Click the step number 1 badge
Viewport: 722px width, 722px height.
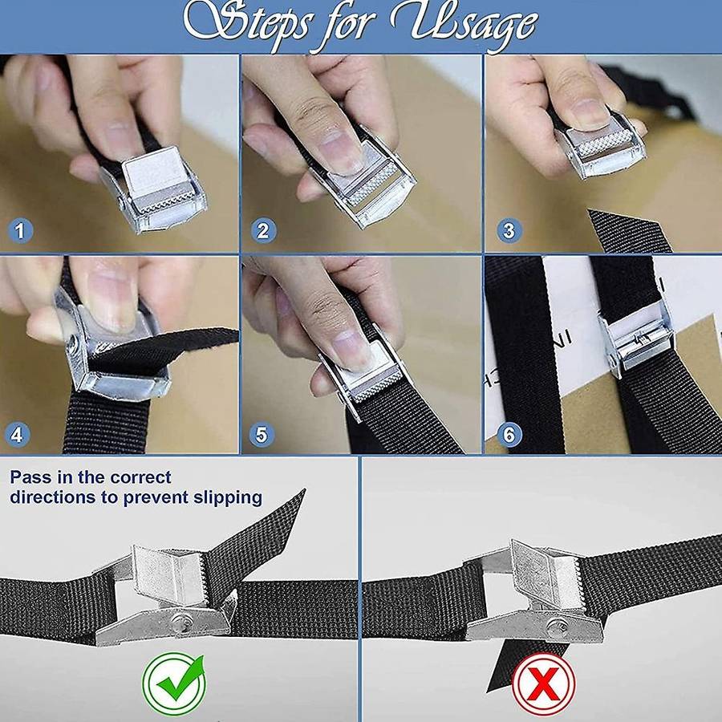click(20, 231)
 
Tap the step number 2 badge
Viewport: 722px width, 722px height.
click(263, 231)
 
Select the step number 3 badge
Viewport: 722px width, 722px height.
click(509, 231)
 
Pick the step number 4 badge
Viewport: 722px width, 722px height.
click(18, 435)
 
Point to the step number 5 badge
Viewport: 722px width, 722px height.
click(261, 435)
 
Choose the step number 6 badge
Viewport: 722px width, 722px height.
click(509, 435)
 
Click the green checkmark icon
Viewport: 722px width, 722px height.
click(174, 683)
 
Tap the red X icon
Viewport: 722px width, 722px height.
click(544, 683)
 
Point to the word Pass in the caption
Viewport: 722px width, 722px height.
click(30, 477)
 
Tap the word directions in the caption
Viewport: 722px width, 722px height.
click(53, 497)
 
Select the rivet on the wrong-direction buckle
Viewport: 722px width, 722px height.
click(557, 625)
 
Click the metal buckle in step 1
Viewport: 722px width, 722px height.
click(154, 190)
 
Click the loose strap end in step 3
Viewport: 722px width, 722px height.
click(630, 231)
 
